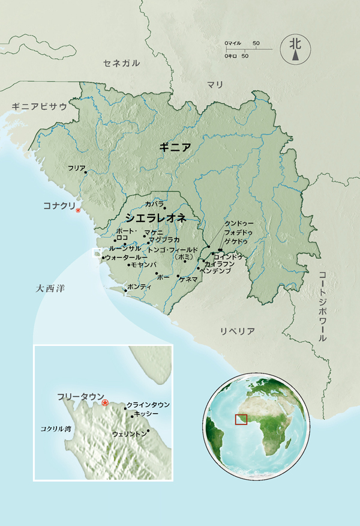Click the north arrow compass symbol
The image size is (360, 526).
coord(295,48)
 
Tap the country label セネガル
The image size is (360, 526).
coord(121,63)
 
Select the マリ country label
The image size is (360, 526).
coord(215,84)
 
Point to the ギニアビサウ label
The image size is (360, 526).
coord(39,106)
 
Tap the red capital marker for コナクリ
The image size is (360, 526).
coord(78,210)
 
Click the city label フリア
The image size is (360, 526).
coord(77,169)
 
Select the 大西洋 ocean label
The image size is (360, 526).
coord(50,289)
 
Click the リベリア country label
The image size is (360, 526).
coord(238,331)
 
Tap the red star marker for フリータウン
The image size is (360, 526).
coord(106,403)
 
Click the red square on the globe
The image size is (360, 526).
coord(241,419)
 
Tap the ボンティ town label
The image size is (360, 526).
coord(140,287)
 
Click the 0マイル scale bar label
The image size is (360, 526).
coord(232,43)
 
